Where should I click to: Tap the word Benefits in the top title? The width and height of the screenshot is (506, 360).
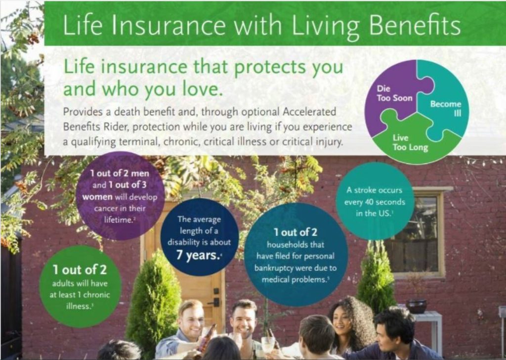tap(415, 25)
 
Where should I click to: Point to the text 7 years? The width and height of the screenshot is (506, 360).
tap(198, 255)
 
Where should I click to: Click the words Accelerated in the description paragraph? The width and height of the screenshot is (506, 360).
tap(309, 112)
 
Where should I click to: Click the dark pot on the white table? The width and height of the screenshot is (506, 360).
tap(416, 307)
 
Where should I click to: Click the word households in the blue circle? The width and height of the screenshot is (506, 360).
tap(295, 245)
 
